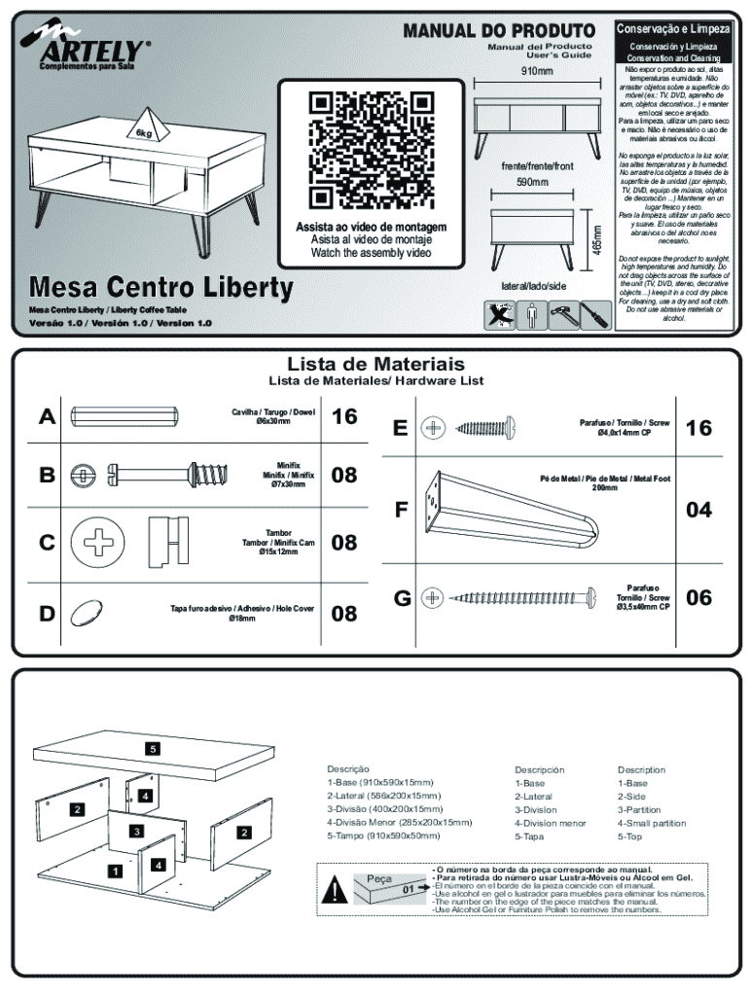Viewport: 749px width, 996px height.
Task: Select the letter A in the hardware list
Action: (47, 417)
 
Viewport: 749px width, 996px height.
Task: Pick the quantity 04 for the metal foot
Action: (698, 510)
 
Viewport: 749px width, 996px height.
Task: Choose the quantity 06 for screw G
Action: (698, 597)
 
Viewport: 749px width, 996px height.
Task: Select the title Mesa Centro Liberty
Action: (160, 288)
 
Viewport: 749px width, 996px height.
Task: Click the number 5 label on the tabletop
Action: (153, 748)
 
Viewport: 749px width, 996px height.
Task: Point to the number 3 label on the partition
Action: (138, 831)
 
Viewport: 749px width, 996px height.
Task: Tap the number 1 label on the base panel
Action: (114, 871)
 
